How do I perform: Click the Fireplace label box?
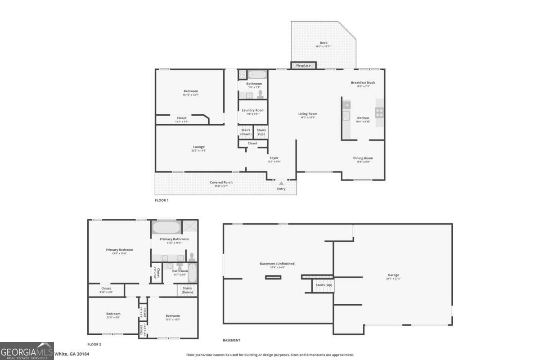[303, 66]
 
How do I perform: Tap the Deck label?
[323, 44]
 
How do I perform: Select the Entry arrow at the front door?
[281, 184]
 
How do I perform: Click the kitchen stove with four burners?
[380, 112]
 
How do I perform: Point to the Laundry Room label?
[253, 110]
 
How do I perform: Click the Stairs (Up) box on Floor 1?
[261, 132]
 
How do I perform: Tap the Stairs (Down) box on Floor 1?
[246, 132]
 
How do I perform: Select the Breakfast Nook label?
[363, 83]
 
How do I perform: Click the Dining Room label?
[363, 158]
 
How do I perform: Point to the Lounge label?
[199, 147]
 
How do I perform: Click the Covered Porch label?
[222, 182]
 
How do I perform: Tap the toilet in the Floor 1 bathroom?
[260, 94]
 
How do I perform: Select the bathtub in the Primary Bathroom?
[166, 226]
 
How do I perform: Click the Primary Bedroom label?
[119, 250]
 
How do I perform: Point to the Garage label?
[393, 275]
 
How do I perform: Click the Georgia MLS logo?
[27, 351]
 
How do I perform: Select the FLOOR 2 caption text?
[94, 344]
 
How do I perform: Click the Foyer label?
[274, 158]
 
